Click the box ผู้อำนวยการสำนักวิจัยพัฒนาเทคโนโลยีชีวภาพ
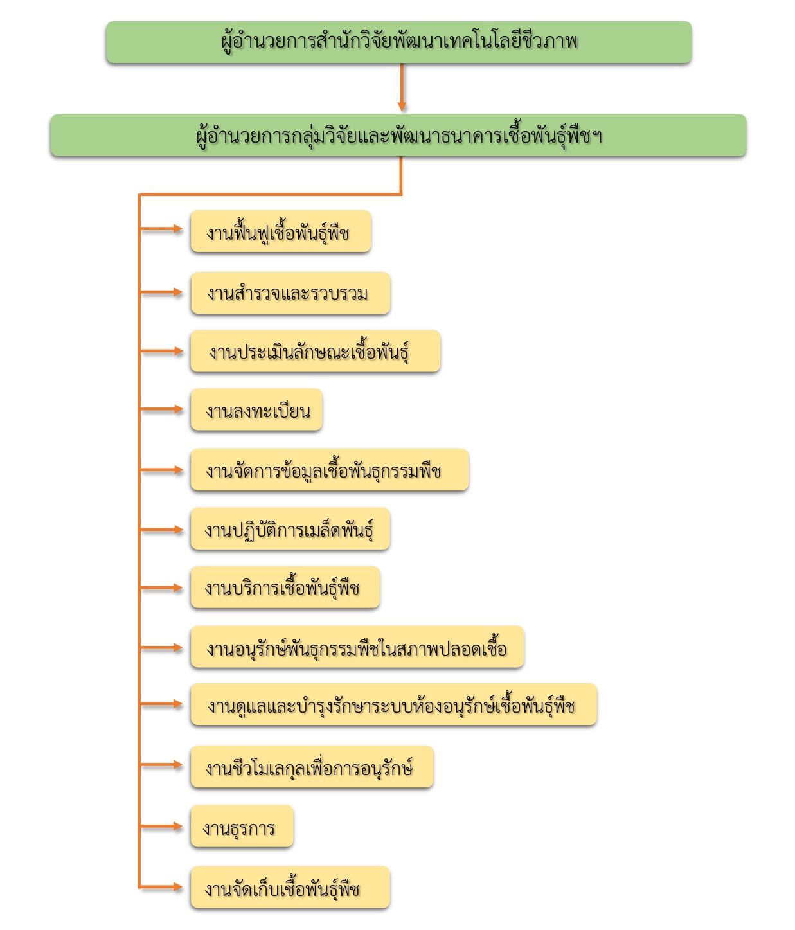[398, 42]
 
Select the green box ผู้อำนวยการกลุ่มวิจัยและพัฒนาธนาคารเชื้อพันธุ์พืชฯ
[398, 135]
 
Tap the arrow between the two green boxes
[402, 87]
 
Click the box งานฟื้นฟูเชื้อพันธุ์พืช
[281, 231]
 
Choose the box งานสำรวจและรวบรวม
[290, 293]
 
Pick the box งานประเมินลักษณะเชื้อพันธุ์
[316, 351]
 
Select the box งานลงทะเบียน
[256, 409]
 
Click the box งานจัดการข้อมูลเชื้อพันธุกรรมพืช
[330, 470]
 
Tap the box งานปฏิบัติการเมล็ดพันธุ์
[290, 529]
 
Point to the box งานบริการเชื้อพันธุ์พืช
[285, 587]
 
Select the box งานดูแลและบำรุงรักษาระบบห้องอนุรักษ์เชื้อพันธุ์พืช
[394, 704]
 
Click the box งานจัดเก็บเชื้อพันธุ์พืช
[290, 887]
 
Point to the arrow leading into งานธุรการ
[161, 826]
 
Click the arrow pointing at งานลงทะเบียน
[161, 409]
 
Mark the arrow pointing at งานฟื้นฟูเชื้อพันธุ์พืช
[161, 229]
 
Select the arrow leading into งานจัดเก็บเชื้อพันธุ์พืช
[161, 887]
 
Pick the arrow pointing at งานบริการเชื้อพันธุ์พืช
[161, 587]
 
